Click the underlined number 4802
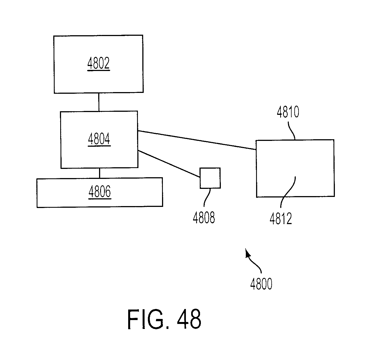(x=98, y=63)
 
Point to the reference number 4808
(x=204, y=217)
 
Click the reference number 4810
(x=288, y=112)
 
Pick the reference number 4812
(x=281, y=219)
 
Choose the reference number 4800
(x=261, y=284)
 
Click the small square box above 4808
(x=210, y=178)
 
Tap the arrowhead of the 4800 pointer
(x=247, y=253)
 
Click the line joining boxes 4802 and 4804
(x=99, y=102)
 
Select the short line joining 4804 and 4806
(x=100, y=173)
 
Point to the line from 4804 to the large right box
(x=197, y=140)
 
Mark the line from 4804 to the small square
(x=169, y=164)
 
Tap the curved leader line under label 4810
(x=292, y=131)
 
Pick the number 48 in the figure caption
(x=189, y=319)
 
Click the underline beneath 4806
(x=100, y=199)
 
